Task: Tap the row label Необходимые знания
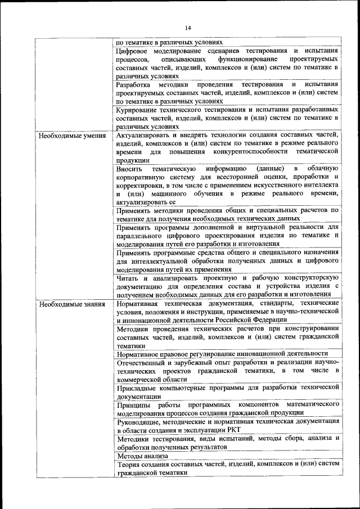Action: [65, 304]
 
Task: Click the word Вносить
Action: [129, 168]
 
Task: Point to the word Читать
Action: [128, 278]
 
